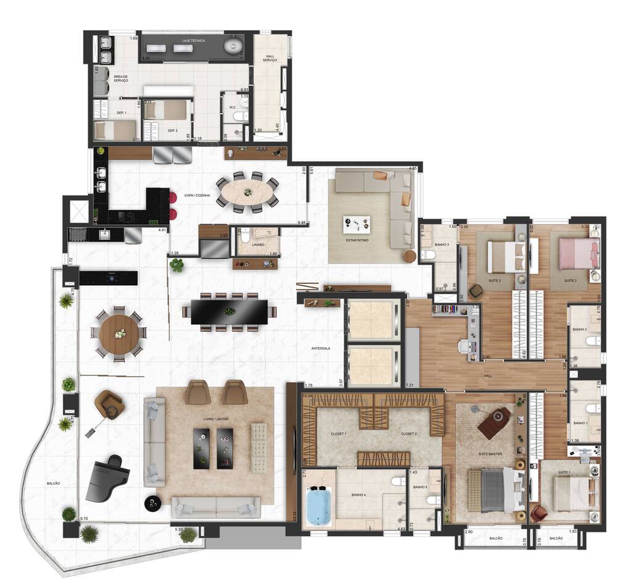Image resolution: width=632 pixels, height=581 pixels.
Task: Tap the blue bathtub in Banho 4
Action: (x=318, y=506)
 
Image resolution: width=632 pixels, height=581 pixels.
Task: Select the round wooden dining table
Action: (x=118, y=333)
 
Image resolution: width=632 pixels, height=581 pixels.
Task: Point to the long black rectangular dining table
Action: (x=229, y=311)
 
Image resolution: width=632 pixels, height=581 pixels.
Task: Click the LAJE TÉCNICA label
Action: (x=193, y=41)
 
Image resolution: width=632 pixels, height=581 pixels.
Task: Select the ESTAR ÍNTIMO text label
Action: (x=357, y=240)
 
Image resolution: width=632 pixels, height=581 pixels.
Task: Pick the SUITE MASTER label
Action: (x=490, y=454)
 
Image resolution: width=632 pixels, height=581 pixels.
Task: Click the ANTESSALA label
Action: (x=321, y=348)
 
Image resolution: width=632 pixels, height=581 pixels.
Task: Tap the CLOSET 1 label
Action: (x=338, y=434)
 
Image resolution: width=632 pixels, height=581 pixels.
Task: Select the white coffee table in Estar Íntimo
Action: (x=357, y=224)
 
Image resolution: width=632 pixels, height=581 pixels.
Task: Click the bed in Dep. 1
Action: (x=115, y=131)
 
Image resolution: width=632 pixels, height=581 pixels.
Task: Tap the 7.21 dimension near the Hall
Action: (x=410, y=385)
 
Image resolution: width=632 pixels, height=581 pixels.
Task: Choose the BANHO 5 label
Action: (x=422, y=487)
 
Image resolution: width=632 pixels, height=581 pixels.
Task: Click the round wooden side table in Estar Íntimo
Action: (x=409, y=256)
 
